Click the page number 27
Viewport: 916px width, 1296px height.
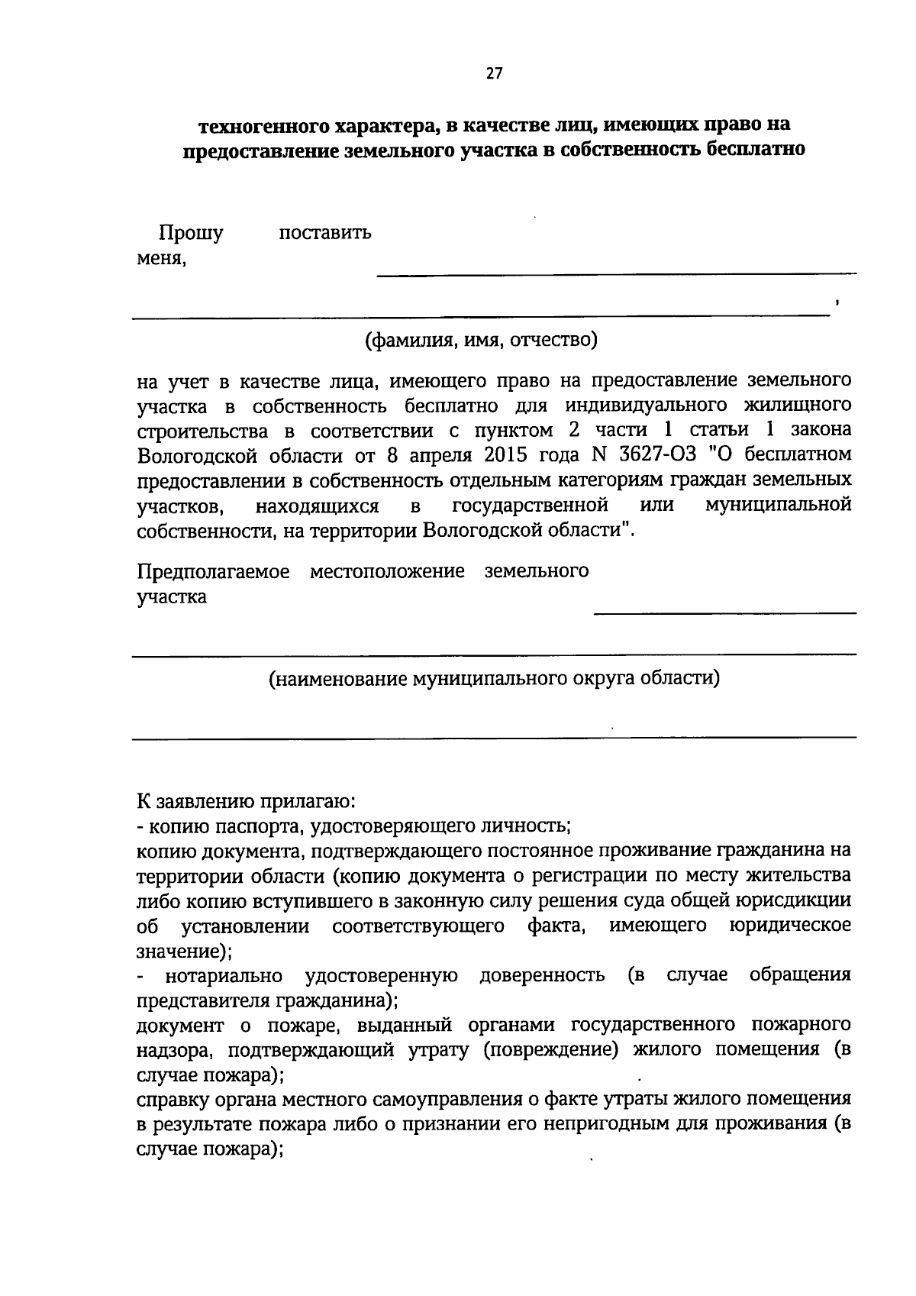pos(494,73)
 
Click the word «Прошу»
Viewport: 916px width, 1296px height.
pos(190,232)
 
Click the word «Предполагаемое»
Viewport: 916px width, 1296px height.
pos(214,571)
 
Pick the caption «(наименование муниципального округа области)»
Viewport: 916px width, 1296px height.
pos(494,678)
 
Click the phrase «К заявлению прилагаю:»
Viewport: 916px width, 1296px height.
pos(244,801)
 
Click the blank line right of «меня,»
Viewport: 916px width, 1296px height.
pos(616,267)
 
